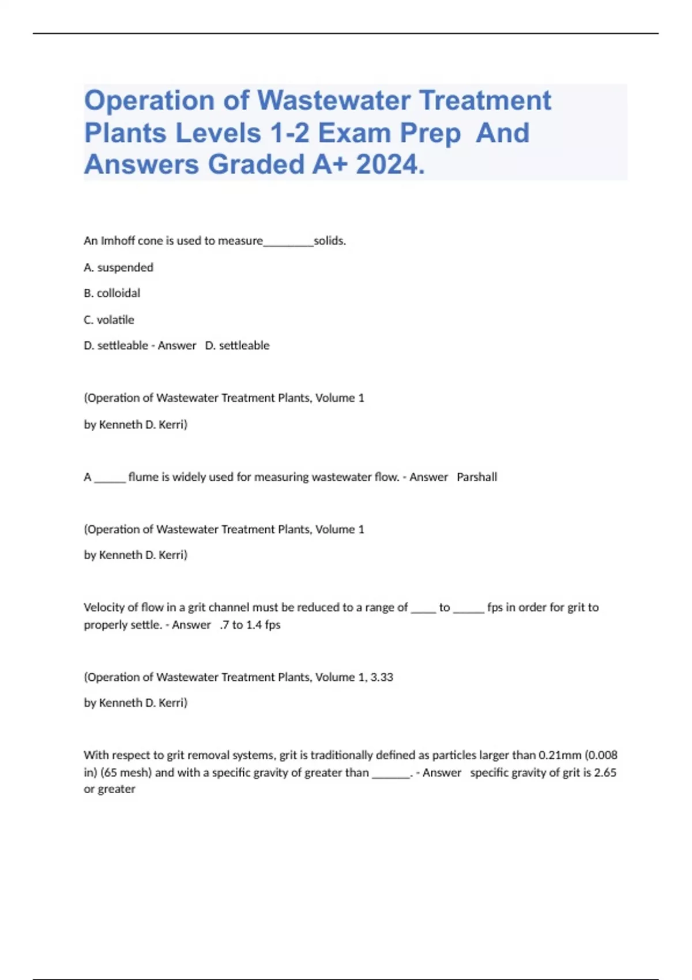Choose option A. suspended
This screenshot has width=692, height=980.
[x=118, y=267]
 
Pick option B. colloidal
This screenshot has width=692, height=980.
[x=112, y=293]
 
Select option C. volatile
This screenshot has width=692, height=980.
[x=109, y=320]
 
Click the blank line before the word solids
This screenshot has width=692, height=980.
[x=288, y=242]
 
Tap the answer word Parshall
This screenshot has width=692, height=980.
[x=477, y=477]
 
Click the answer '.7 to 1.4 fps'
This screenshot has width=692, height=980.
[x=250, y=625]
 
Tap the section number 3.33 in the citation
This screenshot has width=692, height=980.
[x=382, y=677]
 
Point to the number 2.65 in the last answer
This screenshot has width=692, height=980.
[x=605, y=772]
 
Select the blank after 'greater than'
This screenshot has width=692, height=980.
[x=390, y=774]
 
